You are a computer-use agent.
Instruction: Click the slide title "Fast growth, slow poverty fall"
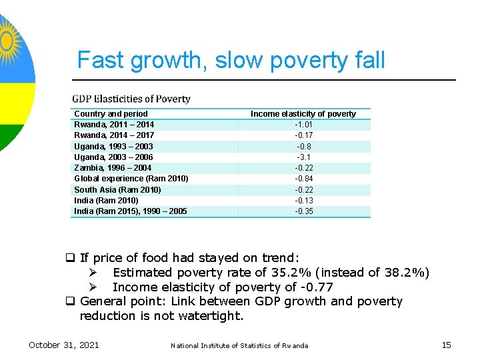[231, 60]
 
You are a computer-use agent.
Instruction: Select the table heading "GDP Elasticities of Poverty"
[131, 99]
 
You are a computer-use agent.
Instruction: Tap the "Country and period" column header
[111, 114]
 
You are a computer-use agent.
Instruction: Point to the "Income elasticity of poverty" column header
[303, 114]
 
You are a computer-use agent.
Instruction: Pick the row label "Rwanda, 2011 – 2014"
[114, 125]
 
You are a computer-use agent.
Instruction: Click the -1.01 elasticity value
[304, 125]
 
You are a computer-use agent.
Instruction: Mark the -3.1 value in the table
[304, 157]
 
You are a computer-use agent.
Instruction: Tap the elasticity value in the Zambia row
[304, 168]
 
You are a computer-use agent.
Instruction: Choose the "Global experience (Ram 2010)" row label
[131, 179]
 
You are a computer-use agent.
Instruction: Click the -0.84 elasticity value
[304, 179]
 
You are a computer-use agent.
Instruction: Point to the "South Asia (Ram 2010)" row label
[117, 190]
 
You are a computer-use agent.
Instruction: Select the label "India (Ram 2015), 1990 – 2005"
[130, 211]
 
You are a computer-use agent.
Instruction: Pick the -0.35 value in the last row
[304, 211]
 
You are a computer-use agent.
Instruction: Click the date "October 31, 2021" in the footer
[63, 345]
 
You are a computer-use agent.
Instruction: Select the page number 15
[446, 345]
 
